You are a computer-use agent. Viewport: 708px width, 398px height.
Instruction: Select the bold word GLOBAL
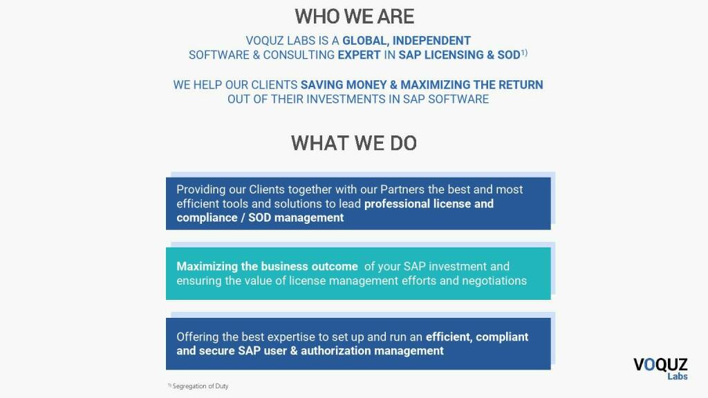365,41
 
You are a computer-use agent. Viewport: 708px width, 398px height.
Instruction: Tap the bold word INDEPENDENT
431,41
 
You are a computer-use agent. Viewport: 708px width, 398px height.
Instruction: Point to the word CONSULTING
299,55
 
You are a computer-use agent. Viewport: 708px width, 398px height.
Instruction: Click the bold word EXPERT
360,55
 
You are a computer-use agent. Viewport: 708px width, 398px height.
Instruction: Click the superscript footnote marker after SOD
524,53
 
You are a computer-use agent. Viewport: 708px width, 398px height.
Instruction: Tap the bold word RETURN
521,85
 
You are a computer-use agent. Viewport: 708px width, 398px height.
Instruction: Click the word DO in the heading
403,144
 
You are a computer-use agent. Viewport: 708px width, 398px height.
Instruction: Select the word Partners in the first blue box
402,189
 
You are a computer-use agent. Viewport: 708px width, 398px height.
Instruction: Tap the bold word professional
395,204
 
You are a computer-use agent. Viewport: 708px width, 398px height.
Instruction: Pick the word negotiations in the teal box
494,281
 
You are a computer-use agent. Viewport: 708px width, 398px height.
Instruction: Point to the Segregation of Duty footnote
198,386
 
